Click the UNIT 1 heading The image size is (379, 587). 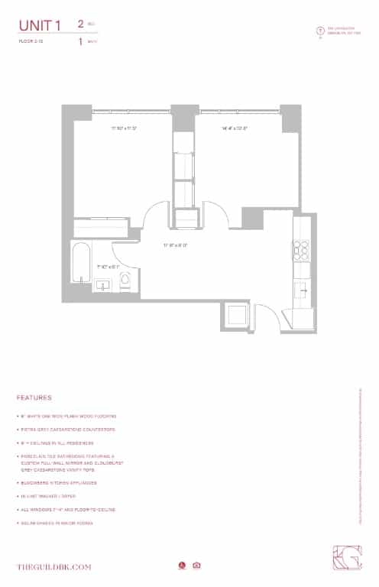coord(40,27)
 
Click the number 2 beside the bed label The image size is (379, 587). coord(80,24)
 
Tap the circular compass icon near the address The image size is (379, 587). coord(320,31)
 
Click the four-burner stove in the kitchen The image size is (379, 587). coord(300,249)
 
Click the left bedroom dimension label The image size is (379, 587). coord(123,128)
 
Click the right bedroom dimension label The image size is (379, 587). coord(235,128)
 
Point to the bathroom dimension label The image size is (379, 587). coord(109,267)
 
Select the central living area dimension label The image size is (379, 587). coord(175,245)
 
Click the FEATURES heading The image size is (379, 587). coord(34,398)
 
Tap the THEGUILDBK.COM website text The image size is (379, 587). coord(54,566)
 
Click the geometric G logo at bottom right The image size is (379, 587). coord(350,560)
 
